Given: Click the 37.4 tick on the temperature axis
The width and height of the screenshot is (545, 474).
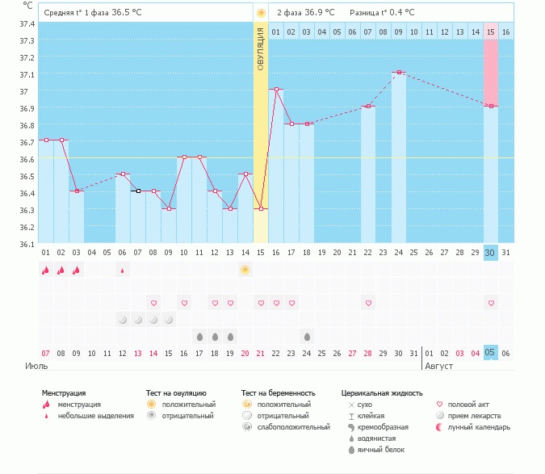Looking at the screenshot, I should point(27,23).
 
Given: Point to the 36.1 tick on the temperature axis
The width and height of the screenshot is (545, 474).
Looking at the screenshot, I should point(27,244).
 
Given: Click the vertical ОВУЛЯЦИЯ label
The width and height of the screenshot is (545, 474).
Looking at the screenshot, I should point(260,48).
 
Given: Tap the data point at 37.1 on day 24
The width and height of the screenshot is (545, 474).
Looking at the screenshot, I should point(399,72).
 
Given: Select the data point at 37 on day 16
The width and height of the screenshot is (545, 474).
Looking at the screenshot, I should point(276,89).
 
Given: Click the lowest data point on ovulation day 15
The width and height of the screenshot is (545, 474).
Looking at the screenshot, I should point(261,208).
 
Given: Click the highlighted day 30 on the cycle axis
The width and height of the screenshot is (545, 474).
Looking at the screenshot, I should point(490,253).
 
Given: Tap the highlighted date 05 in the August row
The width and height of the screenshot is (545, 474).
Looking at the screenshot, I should point(490,353).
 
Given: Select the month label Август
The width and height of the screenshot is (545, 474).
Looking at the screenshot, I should point(439,366).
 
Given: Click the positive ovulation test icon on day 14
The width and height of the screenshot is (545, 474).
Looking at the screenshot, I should point(245,270).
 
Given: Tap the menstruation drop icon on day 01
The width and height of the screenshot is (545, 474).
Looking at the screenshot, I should point(46,271).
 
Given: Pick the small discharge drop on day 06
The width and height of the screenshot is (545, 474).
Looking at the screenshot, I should point(123,271).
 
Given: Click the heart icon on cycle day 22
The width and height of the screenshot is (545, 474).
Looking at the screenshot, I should point(368,303).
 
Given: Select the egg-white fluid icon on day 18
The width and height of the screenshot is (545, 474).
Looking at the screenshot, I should point(307,336).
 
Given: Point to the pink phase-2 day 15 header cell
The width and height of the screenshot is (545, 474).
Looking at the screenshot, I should point(490,31).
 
